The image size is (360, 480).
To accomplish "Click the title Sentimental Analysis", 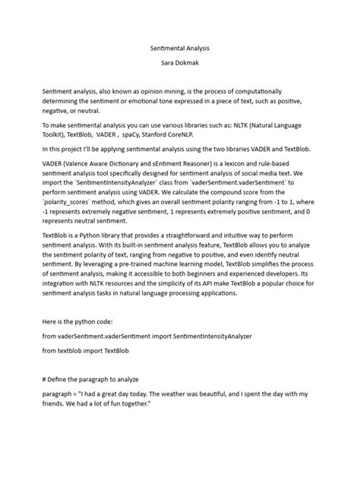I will [179, 48].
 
